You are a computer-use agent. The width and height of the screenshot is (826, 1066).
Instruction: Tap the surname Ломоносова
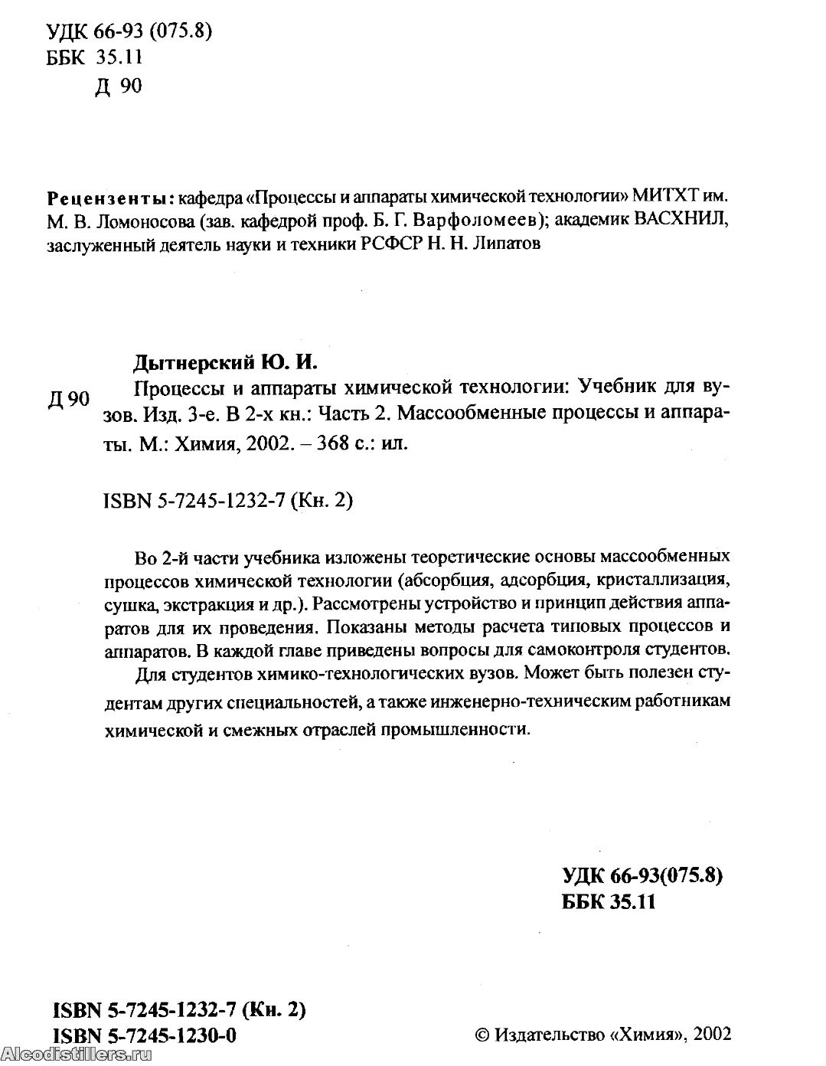click(132, 221)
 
